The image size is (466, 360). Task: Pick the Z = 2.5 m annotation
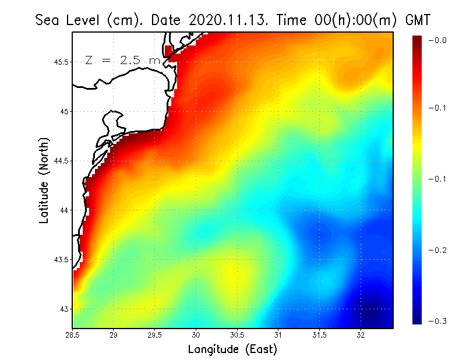coord(122,60)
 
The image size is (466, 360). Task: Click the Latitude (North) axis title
coord(44,180)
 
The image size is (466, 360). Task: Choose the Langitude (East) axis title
coord(232,350)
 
